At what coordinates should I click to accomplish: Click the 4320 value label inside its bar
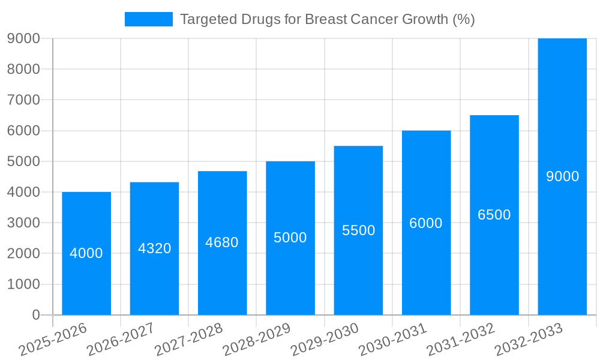click(154, 248)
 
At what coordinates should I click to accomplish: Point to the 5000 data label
click(290, 238)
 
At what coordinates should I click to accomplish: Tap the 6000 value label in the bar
click(426, 223)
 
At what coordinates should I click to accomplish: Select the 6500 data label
click(494, 215)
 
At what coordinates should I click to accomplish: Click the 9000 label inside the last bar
click(562, 176)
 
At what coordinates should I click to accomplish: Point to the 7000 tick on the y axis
click(23, 100)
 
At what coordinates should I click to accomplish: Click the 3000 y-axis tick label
click(23, 223)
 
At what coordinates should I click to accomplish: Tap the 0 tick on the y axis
click(35, 315)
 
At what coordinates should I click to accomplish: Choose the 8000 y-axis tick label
click(23, 69)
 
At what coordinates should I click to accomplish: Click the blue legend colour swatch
click(148, 19)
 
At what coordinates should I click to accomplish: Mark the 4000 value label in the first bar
click(86, 253)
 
